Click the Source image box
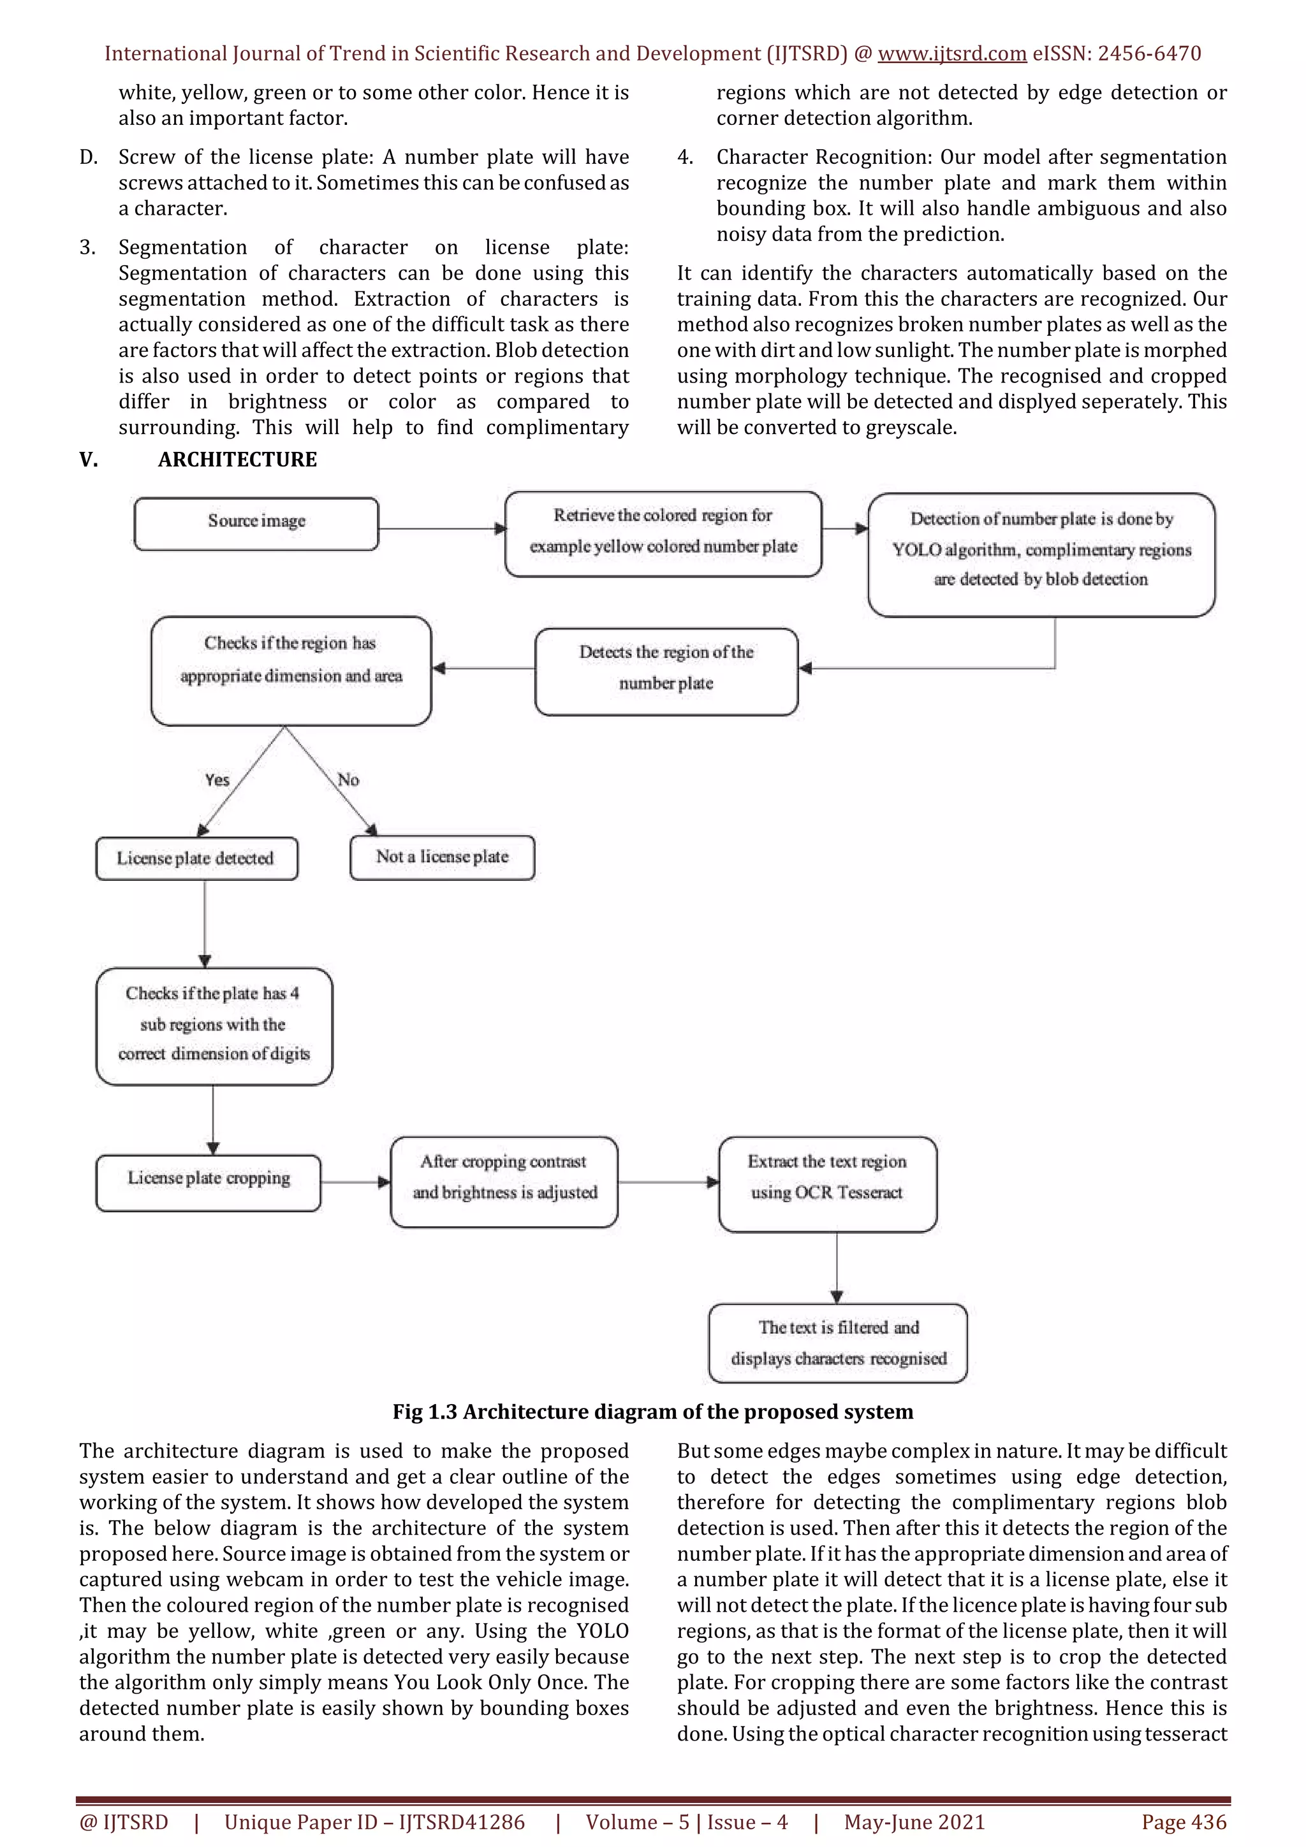coord(256,524)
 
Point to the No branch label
coord(348,779)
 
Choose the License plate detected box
coord(196,858)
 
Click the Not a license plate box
coord(442,858)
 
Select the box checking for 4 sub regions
coord(214,1025)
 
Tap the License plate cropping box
coord(209,1182)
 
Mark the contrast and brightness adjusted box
coord(504,1181)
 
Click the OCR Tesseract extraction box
coord(827,1182)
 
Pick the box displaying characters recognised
coord(838,1343)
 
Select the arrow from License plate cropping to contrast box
coord(355,1182)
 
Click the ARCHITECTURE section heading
coord(237,460)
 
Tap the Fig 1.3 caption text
coord(652,1412)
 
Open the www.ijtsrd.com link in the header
coord(951,54)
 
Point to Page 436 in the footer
coord(1184,1822)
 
